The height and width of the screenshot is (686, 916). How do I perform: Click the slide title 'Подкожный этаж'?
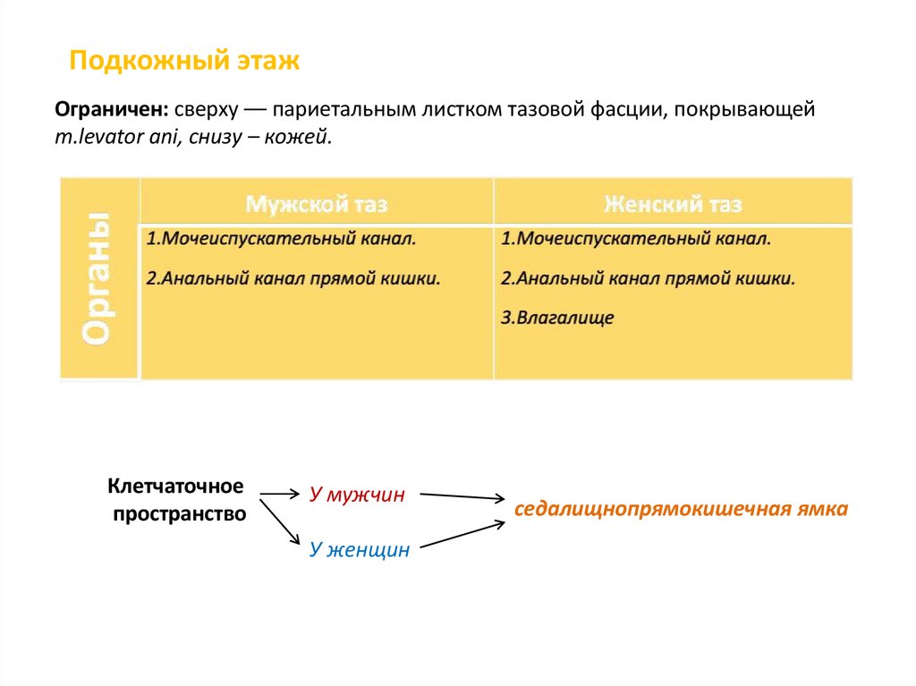coord(184,62)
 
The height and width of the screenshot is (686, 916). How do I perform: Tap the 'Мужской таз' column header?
coord(317,204)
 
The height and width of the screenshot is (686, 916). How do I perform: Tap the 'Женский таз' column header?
coord(673,204)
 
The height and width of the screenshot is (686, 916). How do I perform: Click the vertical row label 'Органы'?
coord(98,278)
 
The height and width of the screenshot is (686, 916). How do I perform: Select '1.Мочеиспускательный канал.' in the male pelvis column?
coord(281,240)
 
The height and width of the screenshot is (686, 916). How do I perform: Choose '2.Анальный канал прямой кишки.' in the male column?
coord(293,278)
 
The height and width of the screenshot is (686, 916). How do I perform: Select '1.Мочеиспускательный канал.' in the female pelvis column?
coord(636,240)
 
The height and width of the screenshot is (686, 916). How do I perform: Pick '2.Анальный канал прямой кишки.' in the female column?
coord(649,278)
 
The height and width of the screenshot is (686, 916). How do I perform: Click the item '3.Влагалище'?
coord(557,318)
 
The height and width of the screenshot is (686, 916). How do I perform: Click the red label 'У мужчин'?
coord(357,495)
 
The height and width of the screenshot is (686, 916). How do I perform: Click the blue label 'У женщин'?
coord(359,550)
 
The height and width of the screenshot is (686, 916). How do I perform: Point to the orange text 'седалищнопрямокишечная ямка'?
coord(680,510)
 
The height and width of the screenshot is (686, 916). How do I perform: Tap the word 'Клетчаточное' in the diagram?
coord(175,487)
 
